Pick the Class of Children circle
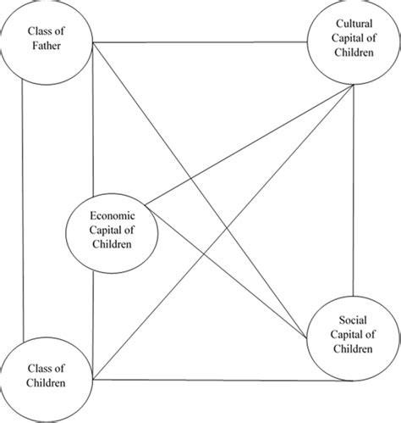point(47,376)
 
